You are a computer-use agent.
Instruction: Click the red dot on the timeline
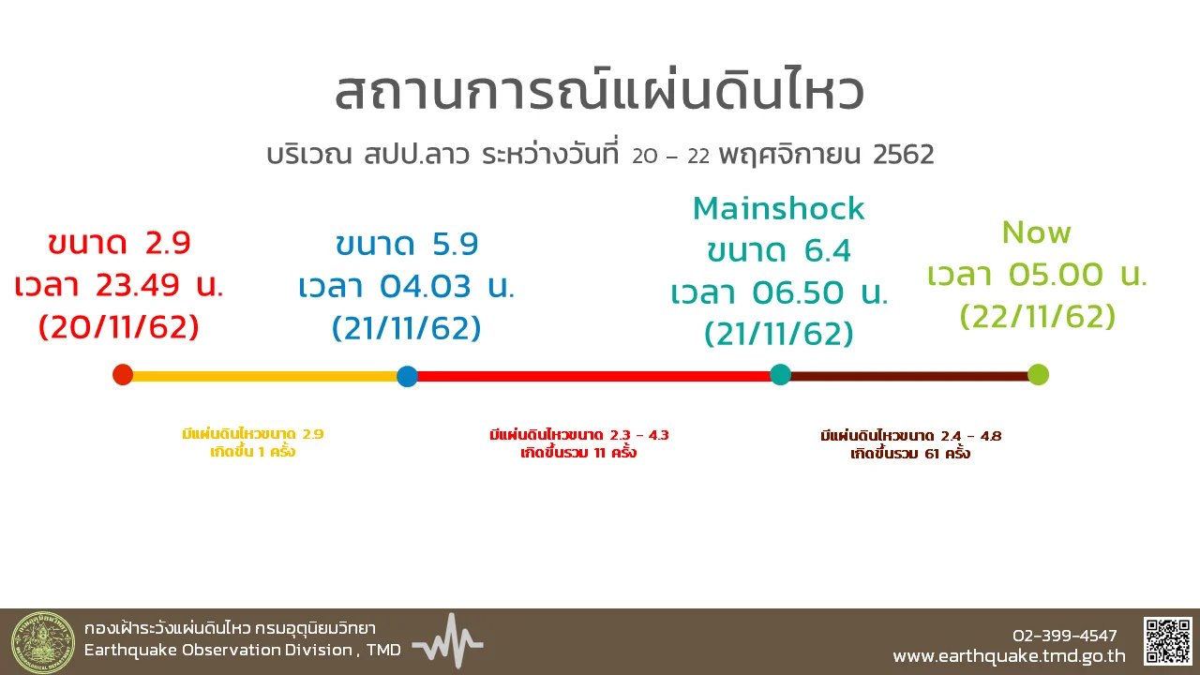[x=123, y=374]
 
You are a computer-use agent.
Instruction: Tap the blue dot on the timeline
[x=407, y=376]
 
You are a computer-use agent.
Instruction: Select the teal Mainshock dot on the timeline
[x=780, y=374]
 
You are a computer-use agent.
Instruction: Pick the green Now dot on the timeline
[x=1038, y=374]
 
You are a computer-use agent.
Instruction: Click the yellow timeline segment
[x=264, y=376]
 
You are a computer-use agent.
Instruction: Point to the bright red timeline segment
[x=593, y=376]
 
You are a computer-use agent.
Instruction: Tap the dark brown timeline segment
[x=909, y=376]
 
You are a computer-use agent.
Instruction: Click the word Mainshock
[x=778, y=208]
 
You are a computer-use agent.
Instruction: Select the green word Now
[x=1036, y=232]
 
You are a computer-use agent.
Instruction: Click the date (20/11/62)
[x=119, y=326]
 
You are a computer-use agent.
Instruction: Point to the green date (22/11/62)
[x=1037, y=316]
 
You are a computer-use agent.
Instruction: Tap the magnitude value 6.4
[x=827, y=250]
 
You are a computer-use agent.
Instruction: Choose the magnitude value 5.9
[x=455, y=244]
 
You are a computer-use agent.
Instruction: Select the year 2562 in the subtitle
[x=903, y=155]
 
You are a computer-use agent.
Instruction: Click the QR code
[x=1168, y=640]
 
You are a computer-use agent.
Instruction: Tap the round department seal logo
[x=43, y=642]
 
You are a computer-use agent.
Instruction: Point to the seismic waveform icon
[x=448, y=640]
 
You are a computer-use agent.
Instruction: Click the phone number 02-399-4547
[x=1064, y=636]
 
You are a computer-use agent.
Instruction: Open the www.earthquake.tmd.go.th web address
[x=1010, y=656]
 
